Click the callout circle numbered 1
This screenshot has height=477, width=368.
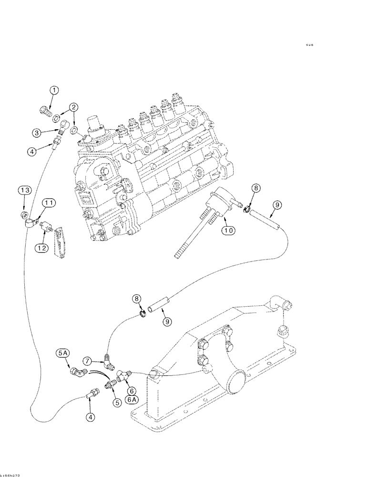tap(55, 90)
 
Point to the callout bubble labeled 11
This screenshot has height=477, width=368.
tap(49, 204)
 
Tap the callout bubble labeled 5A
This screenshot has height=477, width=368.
tap(63, 353)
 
